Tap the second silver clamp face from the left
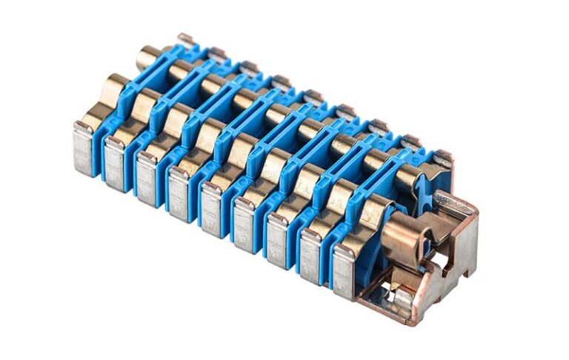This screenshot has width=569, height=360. point(116,163)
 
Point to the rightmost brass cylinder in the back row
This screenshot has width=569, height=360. point(412,178)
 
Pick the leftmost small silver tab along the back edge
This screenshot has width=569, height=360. point(185,38)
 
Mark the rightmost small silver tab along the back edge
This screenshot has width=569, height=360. point(442,158)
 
